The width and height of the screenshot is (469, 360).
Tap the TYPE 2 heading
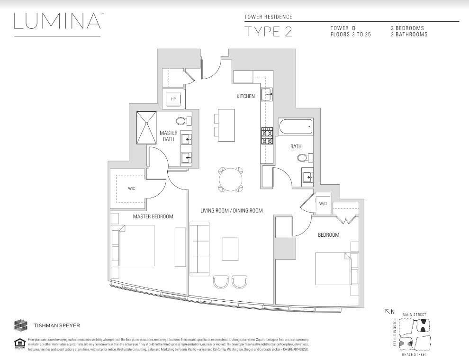pos(268,32)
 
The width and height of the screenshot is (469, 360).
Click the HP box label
pos(173,99)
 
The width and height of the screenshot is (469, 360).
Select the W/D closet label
pos(323,203)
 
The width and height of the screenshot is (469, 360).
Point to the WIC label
pos(131,188)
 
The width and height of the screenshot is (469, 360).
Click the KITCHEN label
pos(246,96)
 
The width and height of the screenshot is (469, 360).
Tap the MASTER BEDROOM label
pos(153,216)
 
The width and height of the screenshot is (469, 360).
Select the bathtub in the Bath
pos(296,127)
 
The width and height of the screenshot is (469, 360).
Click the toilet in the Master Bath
pos(182,120)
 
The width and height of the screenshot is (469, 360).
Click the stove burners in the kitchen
pos(267,136)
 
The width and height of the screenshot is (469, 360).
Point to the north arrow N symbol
pos(389,311)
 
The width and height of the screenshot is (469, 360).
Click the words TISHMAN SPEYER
pos(56,326)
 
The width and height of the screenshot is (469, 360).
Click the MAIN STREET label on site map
pos(414,315)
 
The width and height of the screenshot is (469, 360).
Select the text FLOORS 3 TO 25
pos(351,35)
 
